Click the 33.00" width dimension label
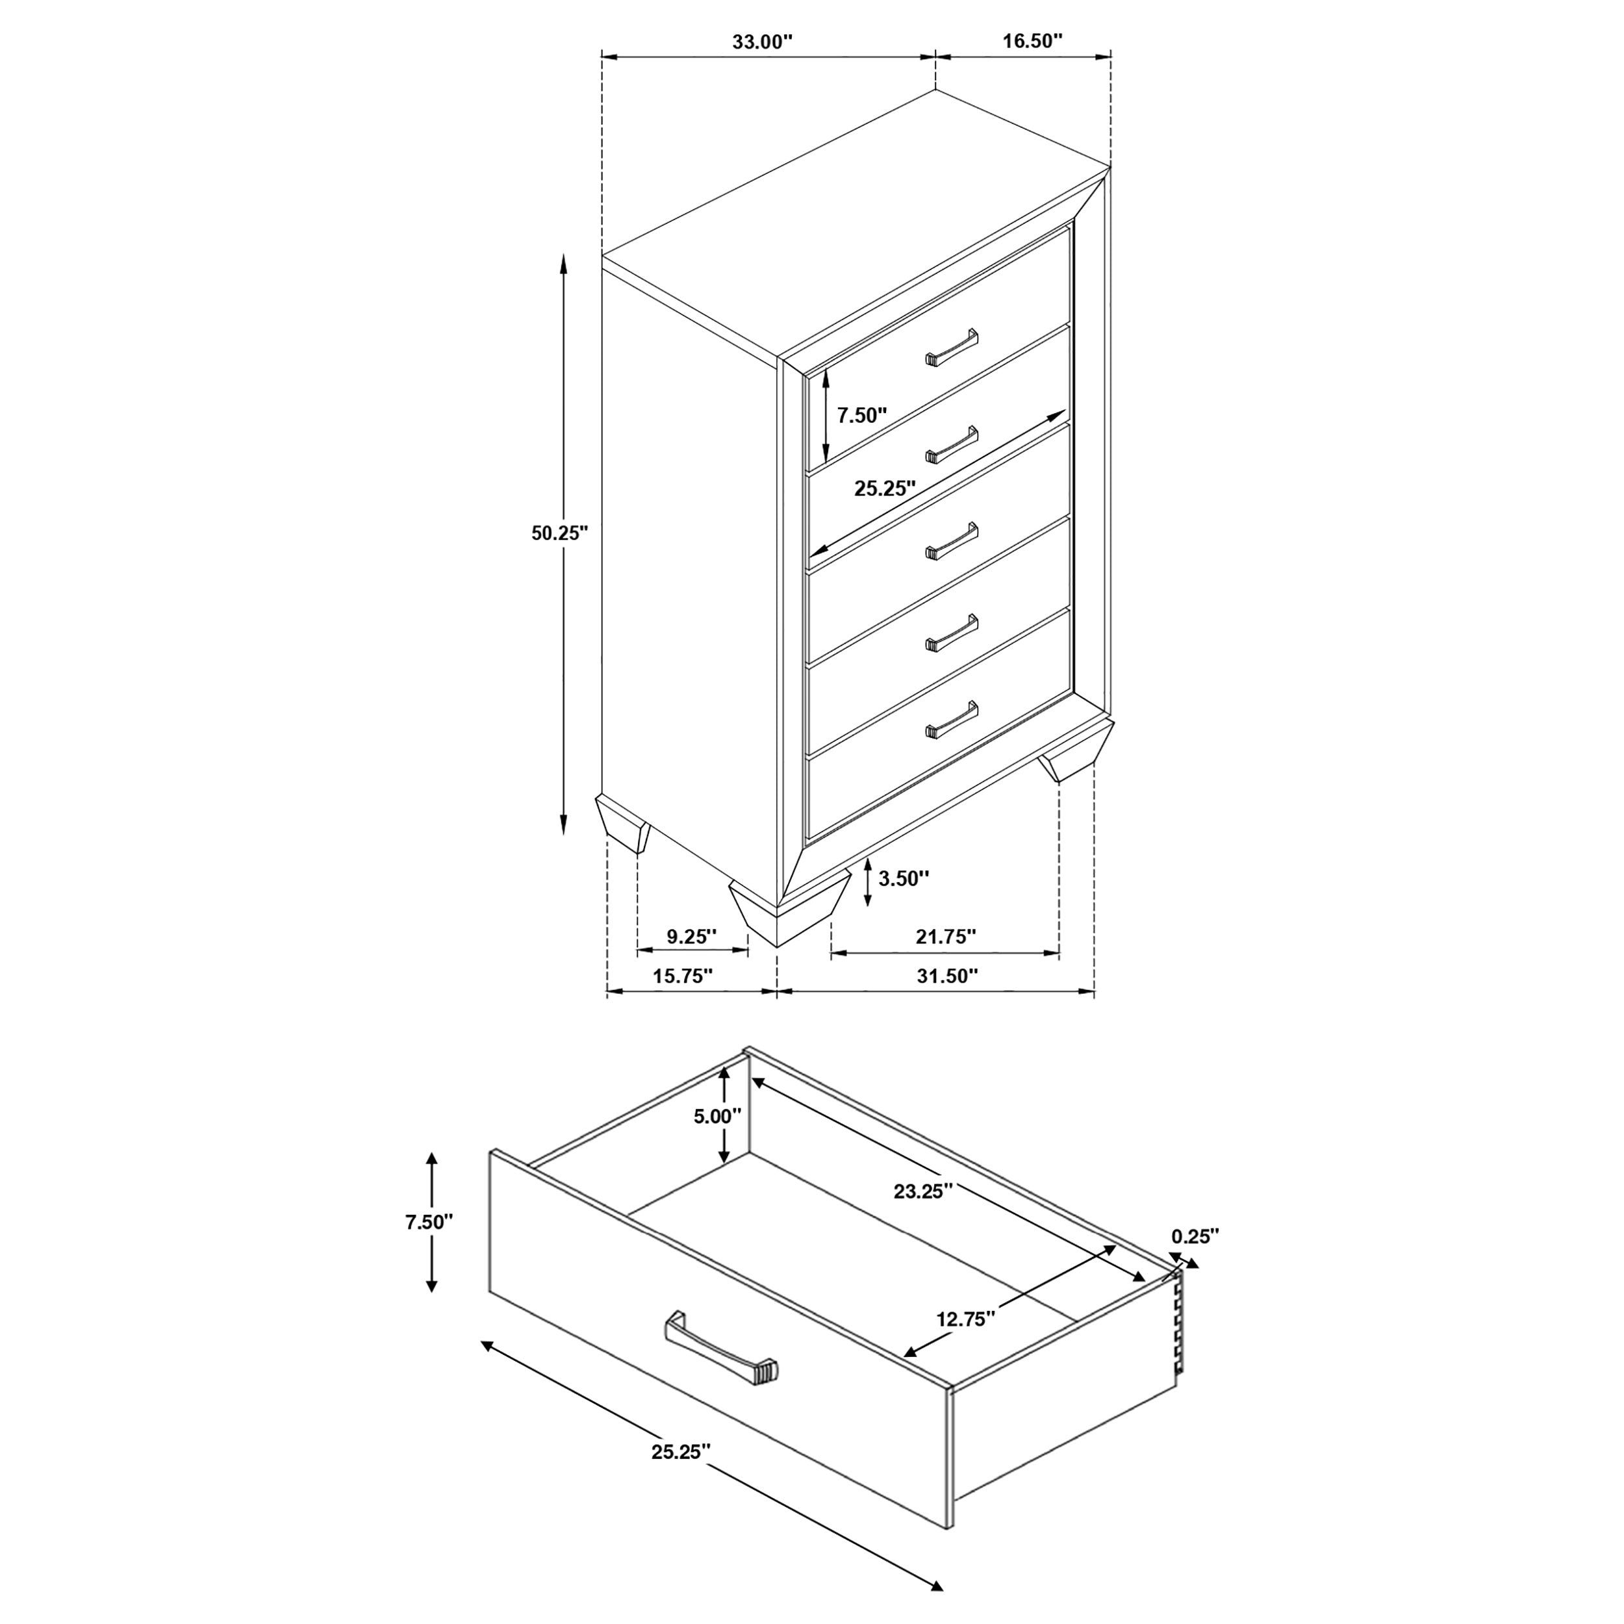(761, 42)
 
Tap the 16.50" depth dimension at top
(1032, 42)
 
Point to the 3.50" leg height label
(904, 878)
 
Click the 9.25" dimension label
(691, 935)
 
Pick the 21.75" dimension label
(946, 935)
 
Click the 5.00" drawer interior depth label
(717, 1116)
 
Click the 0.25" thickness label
(1195, 1236)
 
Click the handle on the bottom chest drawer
(952, 720)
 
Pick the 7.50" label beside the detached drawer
(429, 1221)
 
